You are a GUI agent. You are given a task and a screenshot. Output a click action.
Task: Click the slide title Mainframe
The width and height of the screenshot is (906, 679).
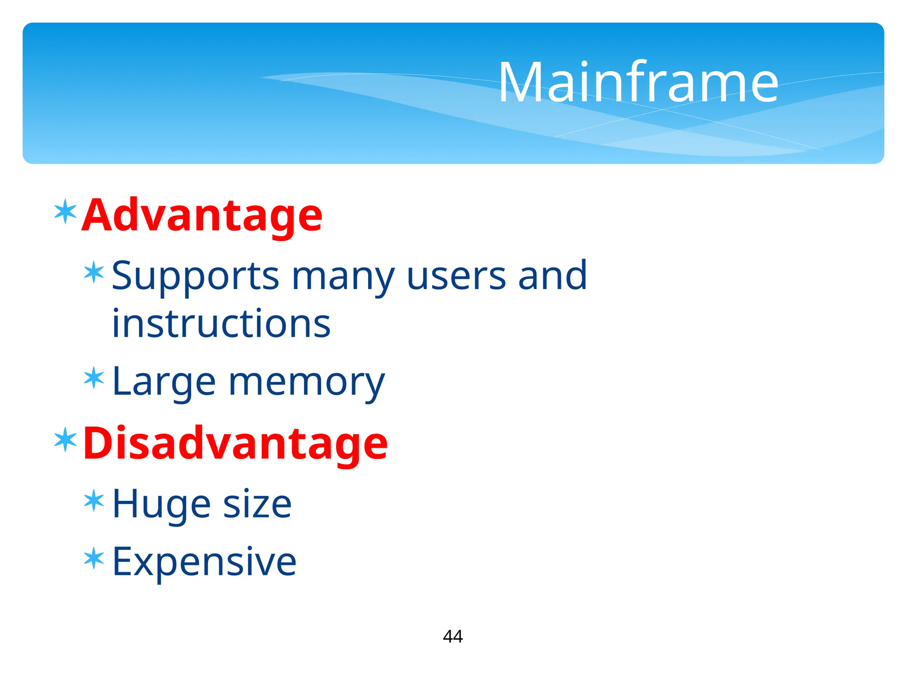point(638,83)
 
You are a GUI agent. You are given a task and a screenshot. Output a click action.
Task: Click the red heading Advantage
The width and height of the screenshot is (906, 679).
point(202,215)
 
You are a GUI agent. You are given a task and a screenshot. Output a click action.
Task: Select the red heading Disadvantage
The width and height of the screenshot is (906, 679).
point(235,443)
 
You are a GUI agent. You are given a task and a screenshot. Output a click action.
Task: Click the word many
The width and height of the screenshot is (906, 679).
point(343,277)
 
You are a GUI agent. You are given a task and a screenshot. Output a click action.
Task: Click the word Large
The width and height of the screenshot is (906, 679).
point(164,382)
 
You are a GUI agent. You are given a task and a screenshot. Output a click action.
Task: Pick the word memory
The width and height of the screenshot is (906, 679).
point(307,383)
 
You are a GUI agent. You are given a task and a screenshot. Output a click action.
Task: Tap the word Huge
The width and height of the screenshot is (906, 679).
point(161,505)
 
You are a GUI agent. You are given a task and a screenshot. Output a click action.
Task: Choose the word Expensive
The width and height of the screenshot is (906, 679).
point(204,562)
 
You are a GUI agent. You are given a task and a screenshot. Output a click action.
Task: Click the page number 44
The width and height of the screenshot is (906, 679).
point(453,637)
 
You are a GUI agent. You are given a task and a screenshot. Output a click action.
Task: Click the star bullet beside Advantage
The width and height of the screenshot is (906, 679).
point(65,212)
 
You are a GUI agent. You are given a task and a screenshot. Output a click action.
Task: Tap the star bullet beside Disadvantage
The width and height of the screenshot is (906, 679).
point(65,440)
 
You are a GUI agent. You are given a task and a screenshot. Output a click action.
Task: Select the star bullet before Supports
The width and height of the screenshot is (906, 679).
point(94,273)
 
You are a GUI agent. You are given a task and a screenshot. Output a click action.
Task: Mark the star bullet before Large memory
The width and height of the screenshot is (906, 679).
point(94,378)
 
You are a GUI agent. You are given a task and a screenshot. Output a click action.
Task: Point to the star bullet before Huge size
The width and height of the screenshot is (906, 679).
point(94,501)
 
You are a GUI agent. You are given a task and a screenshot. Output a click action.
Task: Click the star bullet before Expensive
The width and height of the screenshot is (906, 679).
point(94,558)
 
